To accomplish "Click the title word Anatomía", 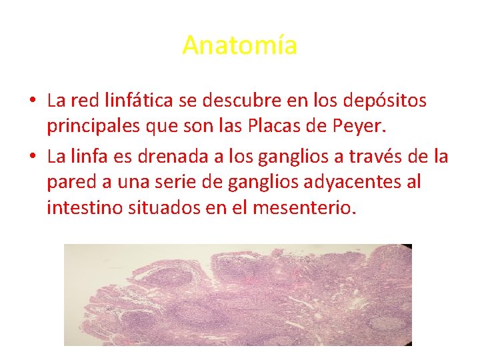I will pyautogui.click(x=239, y=45).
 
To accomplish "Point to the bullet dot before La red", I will pyautogui.click(x=32, y=101).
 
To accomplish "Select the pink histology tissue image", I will pyautogui.click(x=238, y=295).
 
